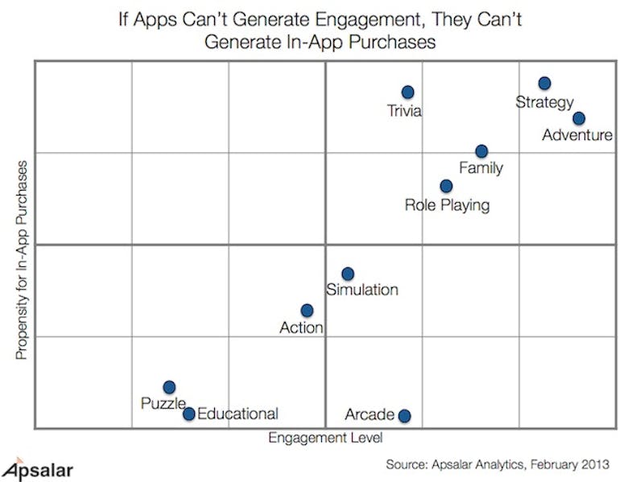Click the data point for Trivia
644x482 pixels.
(x=408, y=93)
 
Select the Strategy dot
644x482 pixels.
(x=544, y=83)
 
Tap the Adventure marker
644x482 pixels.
(x=579, y=118)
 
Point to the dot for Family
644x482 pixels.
(x=481, y=151)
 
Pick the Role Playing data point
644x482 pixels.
(x=446, y=186)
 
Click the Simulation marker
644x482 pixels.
(x=348, y=274)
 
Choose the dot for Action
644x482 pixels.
(x=307, y=311)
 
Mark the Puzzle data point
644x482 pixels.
(x=169, y=387)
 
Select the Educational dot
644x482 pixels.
(x=188, y=414)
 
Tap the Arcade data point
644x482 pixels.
(x=404, y=415)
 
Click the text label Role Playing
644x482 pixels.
(x=447, y=205)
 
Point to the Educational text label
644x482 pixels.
(x=237, y=414)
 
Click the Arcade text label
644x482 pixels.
(x=369, y=415)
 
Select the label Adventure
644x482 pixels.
(x=577, y=135)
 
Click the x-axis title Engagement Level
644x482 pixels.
(x=325, y=438)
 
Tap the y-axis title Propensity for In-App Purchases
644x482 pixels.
(x=22, y=260)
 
